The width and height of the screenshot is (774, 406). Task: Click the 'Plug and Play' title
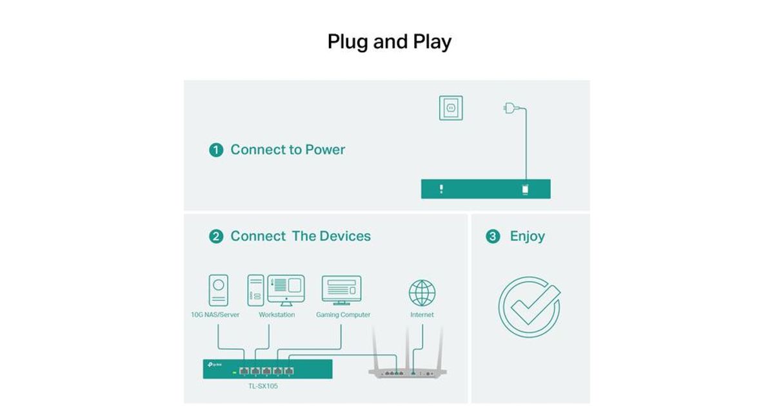click(390, 42)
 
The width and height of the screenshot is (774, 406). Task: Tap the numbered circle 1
click(216, 150)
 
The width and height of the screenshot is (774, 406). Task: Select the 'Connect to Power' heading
click(288, 150)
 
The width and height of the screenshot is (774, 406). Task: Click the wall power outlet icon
click(451, 108)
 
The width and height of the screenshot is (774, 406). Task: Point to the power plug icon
click(511, 108)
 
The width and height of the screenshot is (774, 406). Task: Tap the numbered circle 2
click(216, 237)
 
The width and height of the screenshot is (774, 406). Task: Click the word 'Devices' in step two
click(345, 236)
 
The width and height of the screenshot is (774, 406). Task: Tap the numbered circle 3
click(493, 237)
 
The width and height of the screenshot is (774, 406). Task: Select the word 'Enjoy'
click(528, 237)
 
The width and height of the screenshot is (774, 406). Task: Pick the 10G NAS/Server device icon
click(219, 291)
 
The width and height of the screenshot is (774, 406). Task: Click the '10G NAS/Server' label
click(215, 314)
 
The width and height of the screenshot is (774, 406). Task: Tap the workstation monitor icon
click(286, 290)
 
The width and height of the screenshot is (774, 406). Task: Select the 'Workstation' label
click(277, 314)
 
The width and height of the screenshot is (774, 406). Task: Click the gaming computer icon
click(341, 291)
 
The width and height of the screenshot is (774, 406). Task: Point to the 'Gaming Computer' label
click(343, 315)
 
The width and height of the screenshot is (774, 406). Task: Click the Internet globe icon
click(422, 293)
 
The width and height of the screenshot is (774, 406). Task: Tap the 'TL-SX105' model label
click(263, 386)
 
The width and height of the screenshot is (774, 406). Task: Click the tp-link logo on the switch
click(215, 365)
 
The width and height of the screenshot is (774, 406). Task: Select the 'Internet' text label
click(422, 314)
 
